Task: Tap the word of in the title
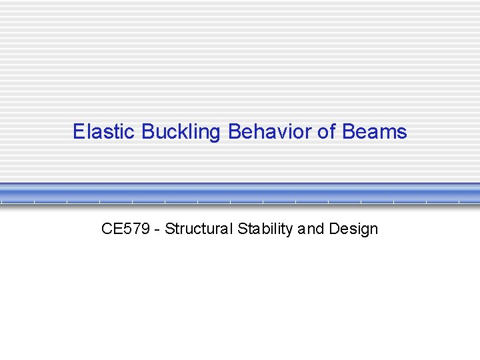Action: coord(327,132)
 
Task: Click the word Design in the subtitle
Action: coord(353,229)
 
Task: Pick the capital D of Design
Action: coord(333,229)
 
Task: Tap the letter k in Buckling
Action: coord(183,132)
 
